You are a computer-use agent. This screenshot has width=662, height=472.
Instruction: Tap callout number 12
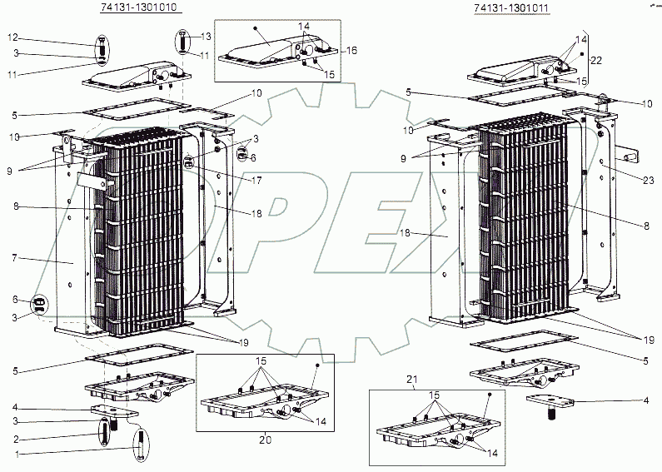pos(12,37)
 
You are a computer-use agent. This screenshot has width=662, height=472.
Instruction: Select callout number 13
pos(207,37)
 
